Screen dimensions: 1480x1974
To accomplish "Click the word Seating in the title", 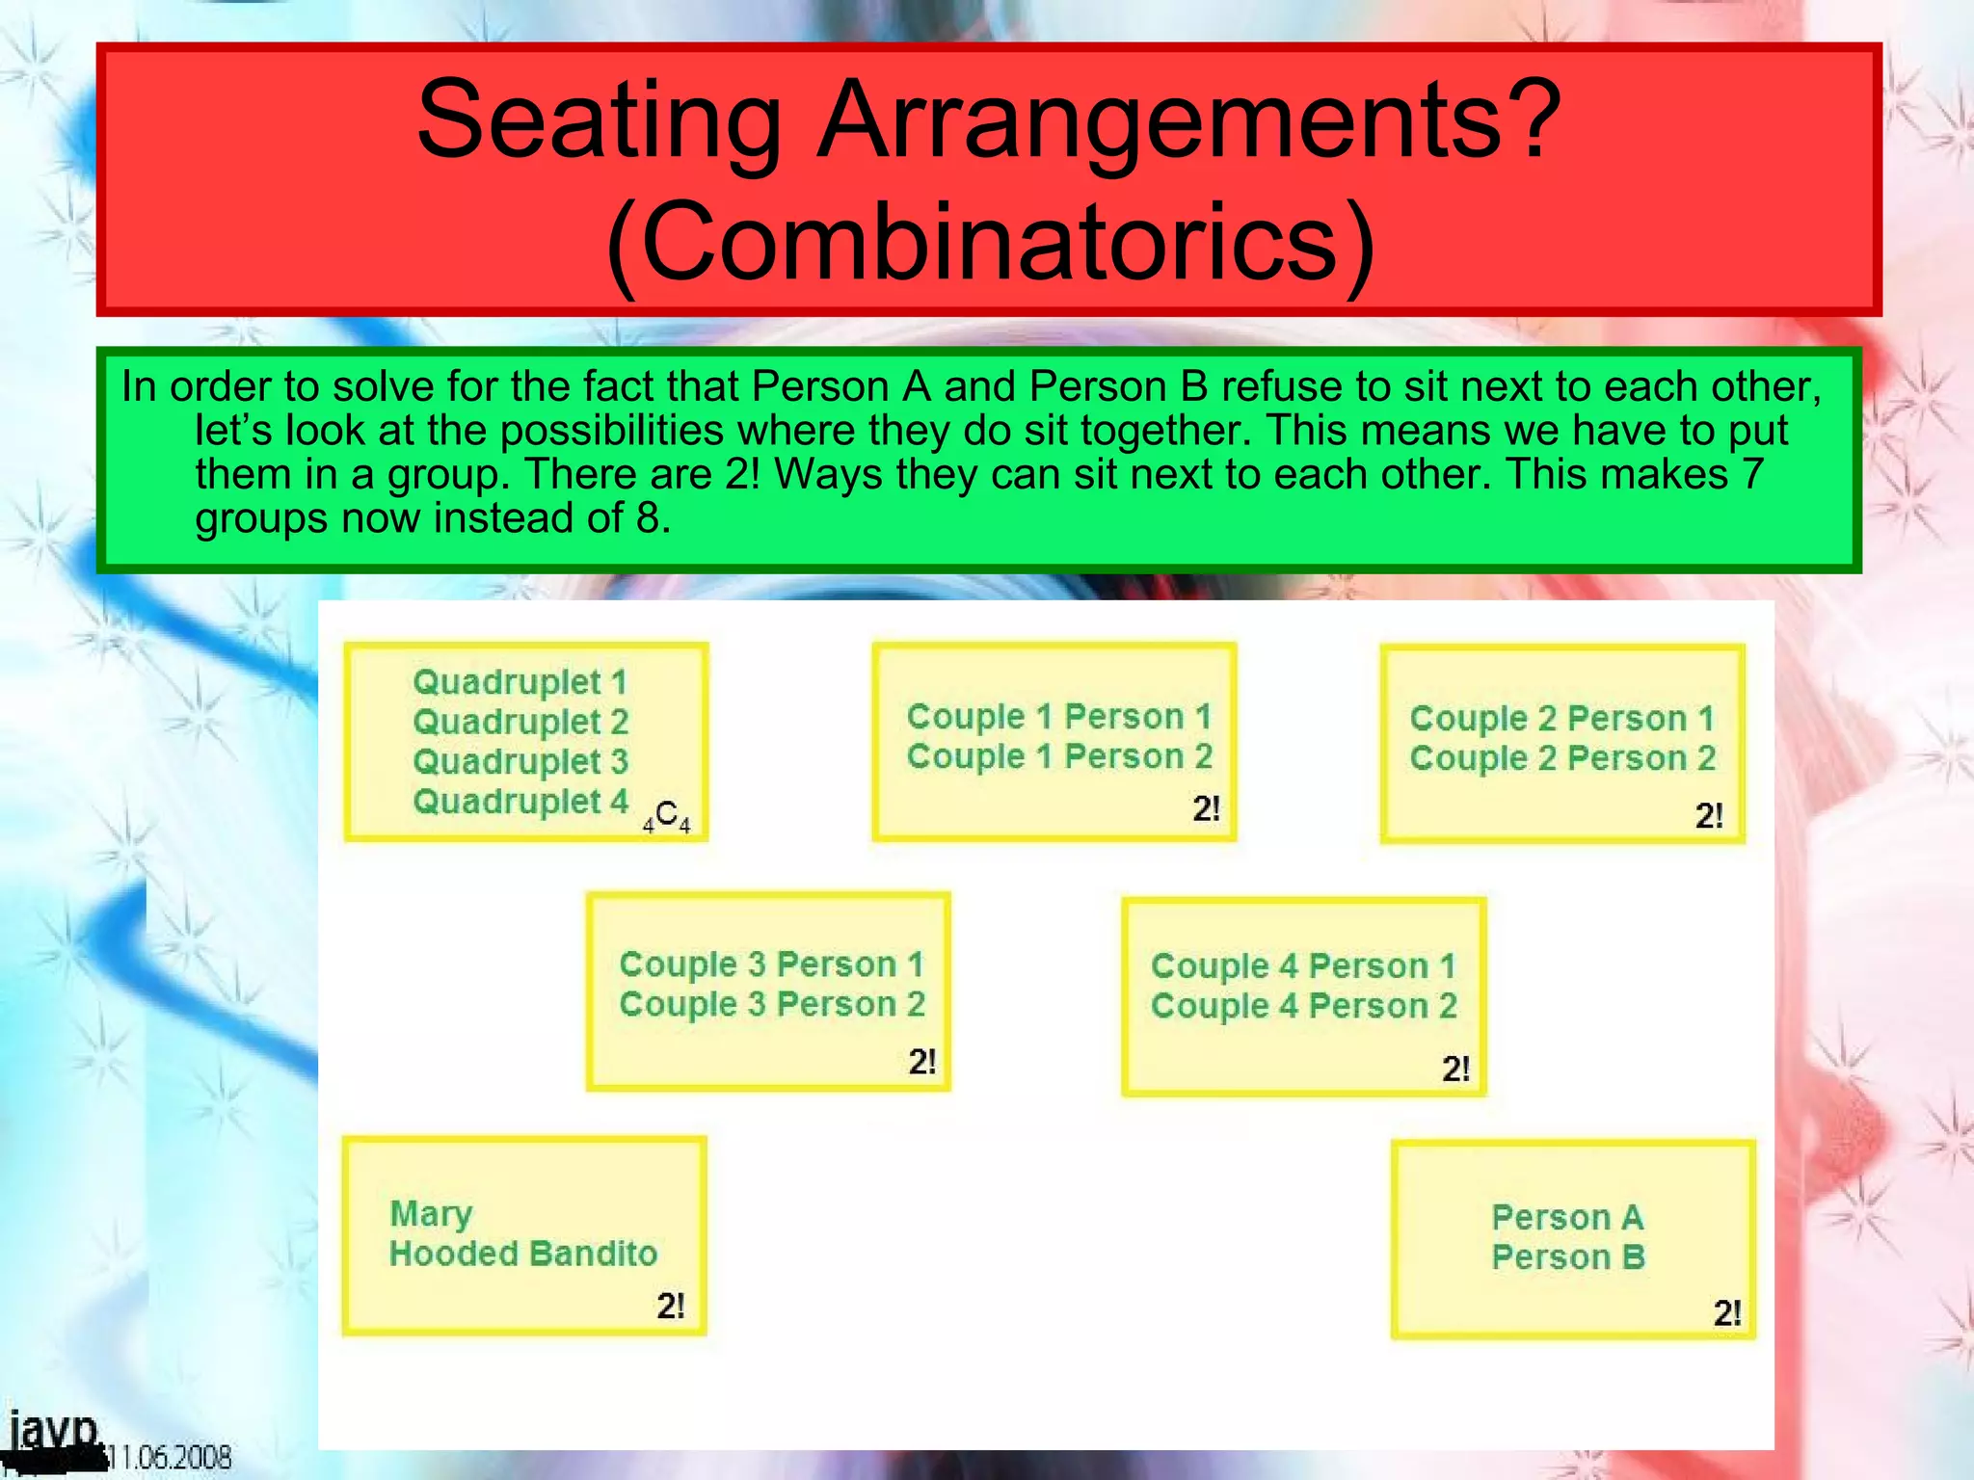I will click(598, 120).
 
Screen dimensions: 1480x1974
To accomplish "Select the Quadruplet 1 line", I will click(520, 682).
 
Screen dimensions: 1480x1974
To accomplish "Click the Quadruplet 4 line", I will click(520, 801).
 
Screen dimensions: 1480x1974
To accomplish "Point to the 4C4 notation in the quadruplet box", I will click(667, 816).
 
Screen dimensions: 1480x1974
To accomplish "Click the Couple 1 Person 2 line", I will click(1058, 756).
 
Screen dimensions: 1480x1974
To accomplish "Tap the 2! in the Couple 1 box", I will click(1206, 808).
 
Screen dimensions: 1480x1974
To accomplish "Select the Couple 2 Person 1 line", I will click(1561, 718).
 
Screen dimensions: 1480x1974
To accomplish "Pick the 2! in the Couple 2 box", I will click(1709, 816).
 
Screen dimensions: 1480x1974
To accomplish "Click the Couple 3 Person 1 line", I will click(771, 964).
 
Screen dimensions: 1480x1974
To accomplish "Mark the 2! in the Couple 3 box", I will click(921, 1062).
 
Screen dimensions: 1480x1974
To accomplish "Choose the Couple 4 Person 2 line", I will click(1303, 1006).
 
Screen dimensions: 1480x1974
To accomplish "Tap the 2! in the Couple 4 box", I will click(1455, 1069).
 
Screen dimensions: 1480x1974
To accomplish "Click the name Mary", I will click(431, 1214).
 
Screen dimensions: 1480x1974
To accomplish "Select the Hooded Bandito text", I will click(522, 1254).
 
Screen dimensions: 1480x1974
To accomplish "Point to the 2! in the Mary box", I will click(670, 1307).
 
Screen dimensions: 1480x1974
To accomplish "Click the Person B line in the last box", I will click(1567, 1257).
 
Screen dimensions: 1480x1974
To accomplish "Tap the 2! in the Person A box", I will click(1726, 1313).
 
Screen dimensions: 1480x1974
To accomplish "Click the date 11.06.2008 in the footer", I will click(169, 1457).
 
